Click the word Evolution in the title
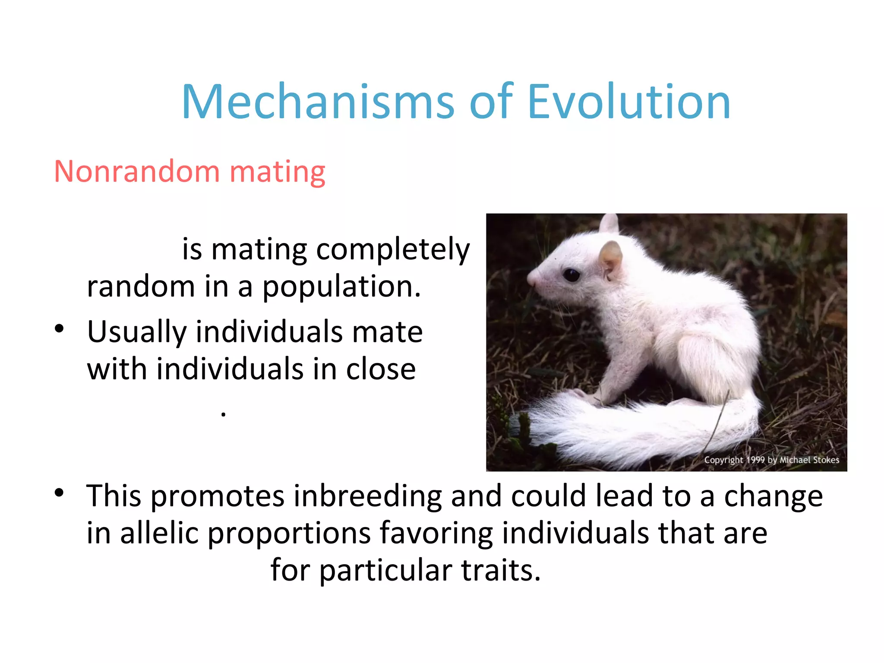tap(629, 102)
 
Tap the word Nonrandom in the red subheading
tap(137, 171)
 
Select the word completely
tap(393, 250)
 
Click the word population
tap(341, 287)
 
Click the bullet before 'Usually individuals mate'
tap(60, 329)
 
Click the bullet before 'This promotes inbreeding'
tap(60, 493)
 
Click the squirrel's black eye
tap(571, 275)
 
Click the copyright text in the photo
tap(771, 460)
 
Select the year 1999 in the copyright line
tap(755, 460)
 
